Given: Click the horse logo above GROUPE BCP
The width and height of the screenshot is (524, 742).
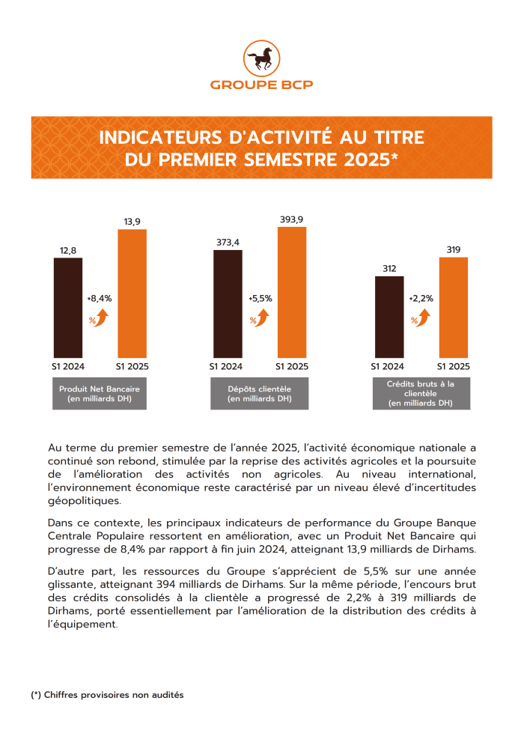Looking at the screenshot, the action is [261, 58].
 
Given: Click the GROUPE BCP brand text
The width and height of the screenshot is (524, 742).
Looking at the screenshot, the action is [261, 85].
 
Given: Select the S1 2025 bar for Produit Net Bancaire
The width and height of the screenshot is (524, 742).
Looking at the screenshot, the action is [132, 294].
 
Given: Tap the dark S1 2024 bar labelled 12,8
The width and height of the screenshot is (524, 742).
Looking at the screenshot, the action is [68, 308].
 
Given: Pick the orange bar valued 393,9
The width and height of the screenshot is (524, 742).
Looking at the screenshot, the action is [292, 293].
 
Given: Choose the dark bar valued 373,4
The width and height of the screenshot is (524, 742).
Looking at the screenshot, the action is [228, 304].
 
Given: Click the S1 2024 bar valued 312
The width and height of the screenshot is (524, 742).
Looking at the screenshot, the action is [389, 317].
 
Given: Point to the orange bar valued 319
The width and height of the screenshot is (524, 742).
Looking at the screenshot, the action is [454, 308].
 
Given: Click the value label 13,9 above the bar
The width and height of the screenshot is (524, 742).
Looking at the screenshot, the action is [132, 222].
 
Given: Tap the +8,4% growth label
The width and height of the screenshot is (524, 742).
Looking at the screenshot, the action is [100, 299].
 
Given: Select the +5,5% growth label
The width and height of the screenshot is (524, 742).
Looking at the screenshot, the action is [260, 299].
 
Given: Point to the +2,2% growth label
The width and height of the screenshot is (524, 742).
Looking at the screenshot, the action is [421, 299].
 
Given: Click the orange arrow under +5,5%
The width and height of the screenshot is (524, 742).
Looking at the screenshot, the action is [262, 317].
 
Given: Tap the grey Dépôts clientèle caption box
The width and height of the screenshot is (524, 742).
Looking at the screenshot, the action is [260, 393].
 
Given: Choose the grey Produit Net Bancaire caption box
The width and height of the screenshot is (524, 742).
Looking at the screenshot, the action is [100, 393].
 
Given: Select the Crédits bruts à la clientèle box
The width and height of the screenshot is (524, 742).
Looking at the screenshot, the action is [421, 393].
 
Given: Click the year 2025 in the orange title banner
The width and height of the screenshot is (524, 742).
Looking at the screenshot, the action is [367, 159].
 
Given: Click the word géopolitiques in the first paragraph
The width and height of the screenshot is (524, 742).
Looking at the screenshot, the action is [85, 501].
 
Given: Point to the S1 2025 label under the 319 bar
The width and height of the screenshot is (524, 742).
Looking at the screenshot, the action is [454, 366].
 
